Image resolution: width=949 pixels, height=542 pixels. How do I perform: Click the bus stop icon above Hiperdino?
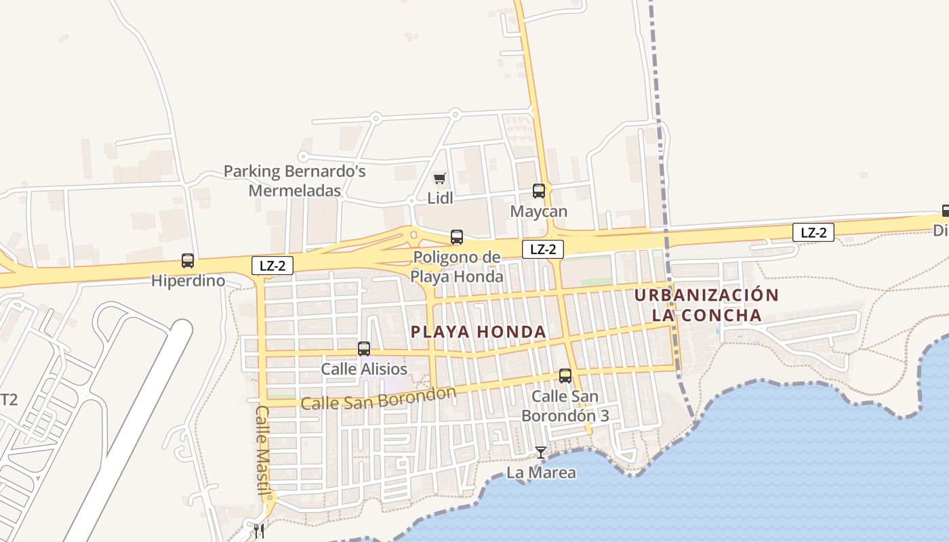pos(188,261)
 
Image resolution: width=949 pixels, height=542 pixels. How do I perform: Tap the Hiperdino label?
pos(188,280)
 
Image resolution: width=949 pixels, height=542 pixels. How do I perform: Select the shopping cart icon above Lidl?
pos(440,179)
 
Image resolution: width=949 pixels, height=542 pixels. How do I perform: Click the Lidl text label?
pos(440,198)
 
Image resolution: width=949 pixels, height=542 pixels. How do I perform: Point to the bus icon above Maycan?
pos(539,191)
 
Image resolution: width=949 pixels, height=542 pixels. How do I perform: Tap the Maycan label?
pos(539,211)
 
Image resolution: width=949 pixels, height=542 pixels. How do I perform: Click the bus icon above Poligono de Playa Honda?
pos(457,237)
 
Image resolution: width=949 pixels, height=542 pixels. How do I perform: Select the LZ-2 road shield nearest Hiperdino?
pos(272,266)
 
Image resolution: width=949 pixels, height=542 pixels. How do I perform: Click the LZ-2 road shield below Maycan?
pos(543,249)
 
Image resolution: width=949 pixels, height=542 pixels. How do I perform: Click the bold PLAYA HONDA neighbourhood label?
pos(479,332)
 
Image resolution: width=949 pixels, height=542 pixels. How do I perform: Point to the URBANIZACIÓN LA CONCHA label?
pos(707,305)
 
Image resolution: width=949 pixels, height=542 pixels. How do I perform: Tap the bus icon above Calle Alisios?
pos(364,349)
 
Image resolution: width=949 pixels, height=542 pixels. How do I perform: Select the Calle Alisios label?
pos(364,369)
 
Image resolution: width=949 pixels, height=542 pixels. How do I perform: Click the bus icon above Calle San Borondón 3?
pos(565,376)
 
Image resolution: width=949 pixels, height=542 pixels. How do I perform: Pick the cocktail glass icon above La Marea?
pos(541,453)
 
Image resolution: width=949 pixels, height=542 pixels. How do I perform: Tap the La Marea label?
pos(541,473)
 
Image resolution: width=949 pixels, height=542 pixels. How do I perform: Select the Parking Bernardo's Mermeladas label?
pos(295,181)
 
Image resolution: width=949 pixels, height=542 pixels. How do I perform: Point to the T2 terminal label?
pos(9,400)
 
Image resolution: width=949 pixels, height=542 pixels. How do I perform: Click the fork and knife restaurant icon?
pos(259,531)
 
